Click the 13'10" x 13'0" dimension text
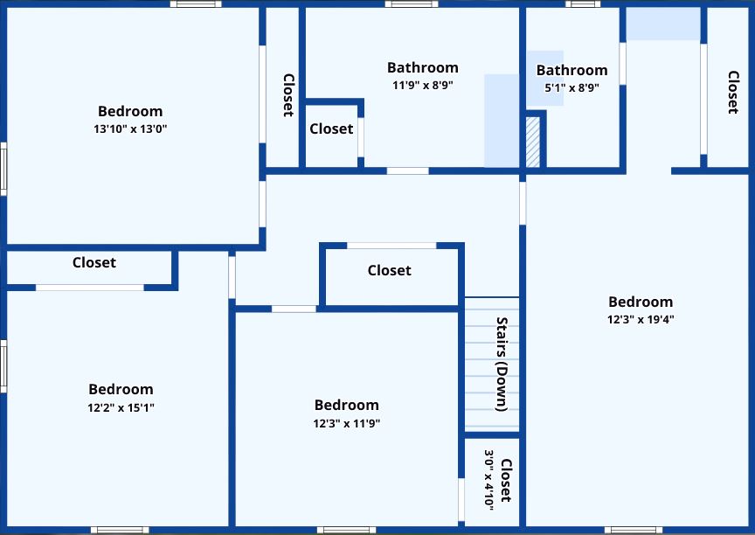[130, 129]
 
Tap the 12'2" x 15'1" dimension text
[121, 407]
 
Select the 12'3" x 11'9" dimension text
[347, 423]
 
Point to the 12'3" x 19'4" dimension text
[641, 319]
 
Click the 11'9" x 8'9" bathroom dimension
[423, 86]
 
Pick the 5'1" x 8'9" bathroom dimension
[572, 87]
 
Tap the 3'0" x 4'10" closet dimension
[488, 480]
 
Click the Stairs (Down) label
[502, 364]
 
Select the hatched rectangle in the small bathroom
[532, 142]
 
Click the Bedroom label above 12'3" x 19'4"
[641, 302]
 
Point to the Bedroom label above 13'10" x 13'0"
[130, 111]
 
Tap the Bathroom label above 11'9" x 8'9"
[423, 67]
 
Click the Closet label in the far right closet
[733, 92]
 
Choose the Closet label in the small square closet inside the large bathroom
[331, 129]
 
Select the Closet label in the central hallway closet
[390, 270]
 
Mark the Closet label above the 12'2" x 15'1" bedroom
[94, 262]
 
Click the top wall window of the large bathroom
[412, 3]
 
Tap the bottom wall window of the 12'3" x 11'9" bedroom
[347, 530]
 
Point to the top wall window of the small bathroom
[583, 3]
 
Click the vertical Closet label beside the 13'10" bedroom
[288, 95]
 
